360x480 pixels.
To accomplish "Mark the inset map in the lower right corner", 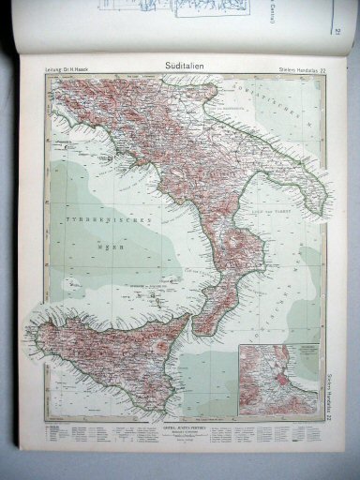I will tap(294, 379).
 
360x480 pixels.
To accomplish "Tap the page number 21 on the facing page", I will tap(335, 36).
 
